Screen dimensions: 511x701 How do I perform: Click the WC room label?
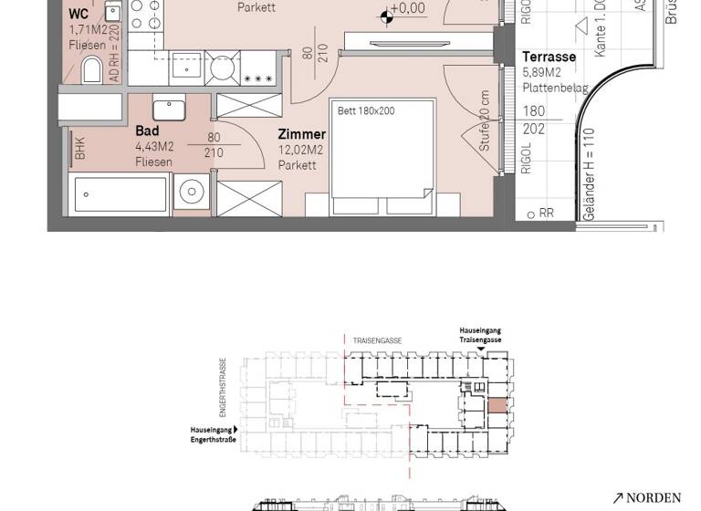79,14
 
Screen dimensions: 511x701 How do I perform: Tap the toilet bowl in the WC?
92,69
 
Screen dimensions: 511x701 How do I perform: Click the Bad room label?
147,131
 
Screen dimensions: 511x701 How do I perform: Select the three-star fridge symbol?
258,79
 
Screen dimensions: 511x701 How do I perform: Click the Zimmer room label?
301,134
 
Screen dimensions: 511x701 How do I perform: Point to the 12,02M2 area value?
299,150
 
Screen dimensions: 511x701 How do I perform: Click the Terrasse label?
549,57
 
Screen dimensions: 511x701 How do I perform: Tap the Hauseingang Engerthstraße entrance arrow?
235,429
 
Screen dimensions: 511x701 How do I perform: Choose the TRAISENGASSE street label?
376,340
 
